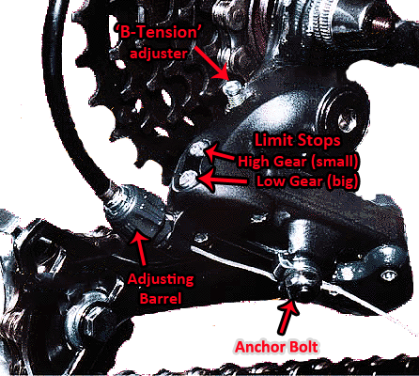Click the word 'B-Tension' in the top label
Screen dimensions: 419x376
click(x=159, y=32)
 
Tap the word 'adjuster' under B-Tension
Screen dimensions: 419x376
click(x=159, y=54)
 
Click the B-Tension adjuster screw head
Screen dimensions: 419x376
click(x=232, y=86)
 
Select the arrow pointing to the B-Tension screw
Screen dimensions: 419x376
click(x=212, y=63)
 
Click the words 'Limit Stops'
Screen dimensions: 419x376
click(x=298, y=140)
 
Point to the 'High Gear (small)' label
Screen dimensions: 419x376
click(x=298, y=162)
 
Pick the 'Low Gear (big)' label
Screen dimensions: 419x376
click(x=307, y=181)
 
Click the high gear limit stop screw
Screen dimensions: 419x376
click(x=198, y=149)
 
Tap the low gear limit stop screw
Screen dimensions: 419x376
click(x=188, y=180)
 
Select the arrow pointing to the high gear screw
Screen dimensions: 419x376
click(x=220, y=153)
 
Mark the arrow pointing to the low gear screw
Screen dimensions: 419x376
click(x=222, y=180)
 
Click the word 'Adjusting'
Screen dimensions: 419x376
click(x=161, y=279)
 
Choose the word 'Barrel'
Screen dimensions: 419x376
click(x=161, y=298)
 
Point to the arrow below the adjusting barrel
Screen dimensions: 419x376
click(x=140, y=250)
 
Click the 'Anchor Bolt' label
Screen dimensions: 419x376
click(x=276, y=347)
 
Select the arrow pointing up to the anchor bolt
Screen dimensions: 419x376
click(x=287, y=317)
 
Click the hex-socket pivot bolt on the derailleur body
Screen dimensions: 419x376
click(x=347, y=120)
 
